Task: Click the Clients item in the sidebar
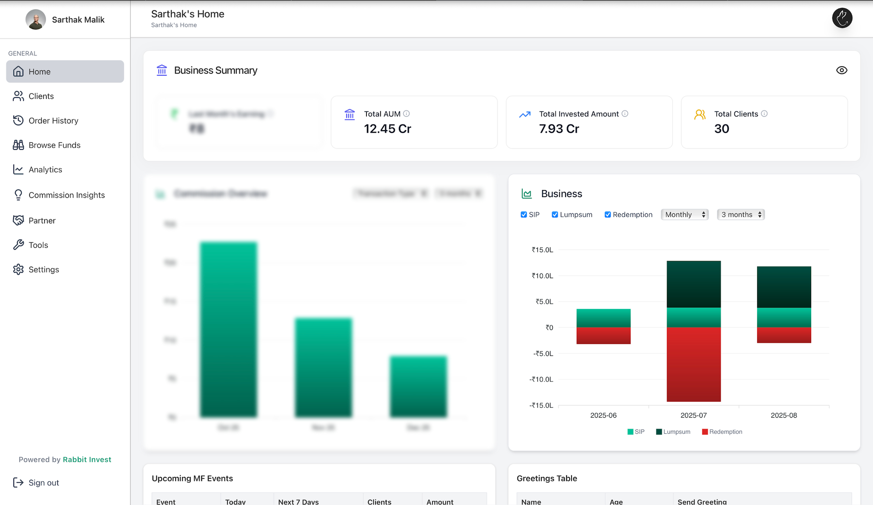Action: click(x=41, y=96)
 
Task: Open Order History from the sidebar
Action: click(x=53, y=121)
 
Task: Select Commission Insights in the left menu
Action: click(x=66, y=195)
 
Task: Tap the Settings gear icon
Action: click(x=18, y=270)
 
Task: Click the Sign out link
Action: click(x=43, y=483)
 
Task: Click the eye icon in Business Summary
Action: click(x=842, y=70)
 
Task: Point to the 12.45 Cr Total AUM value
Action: click(x=387, y=129)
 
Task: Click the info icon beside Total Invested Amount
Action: click(x=625, y=114)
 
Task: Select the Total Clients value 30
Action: click(x=722, y=129)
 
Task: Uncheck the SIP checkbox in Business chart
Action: click(x=524, y=215)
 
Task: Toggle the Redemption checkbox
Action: click(x=607, y=215)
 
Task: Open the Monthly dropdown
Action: click(x=684, y=215)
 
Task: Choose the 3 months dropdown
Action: click(x=741, y=215)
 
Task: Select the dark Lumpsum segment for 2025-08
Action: click(x=784, y=287)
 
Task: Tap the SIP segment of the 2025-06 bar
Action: click(x=603, y=318)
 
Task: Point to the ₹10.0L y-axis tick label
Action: click(x=542, y=276)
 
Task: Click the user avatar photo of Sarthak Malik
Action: click(x=35, y=20)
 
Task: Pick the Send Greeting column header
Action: click(x=702, y=501)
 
